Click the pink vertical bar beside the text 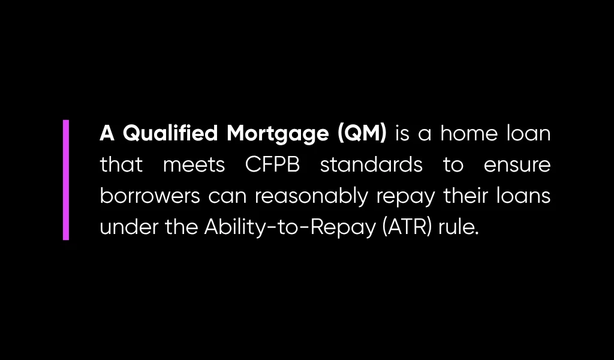[x=66, y=180]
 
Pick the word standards [x=371, y=165]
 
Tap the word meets [x=194, y=165]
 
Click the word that [x=121, y=165]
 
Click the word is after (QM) [x=402, y=134]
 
